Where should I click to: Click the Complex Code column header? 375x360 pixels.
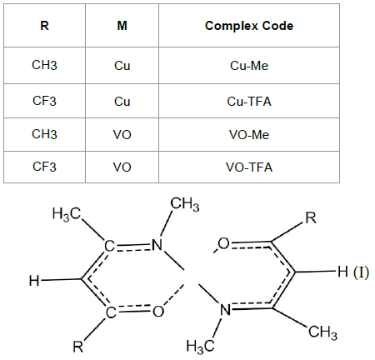(x=249, y=26)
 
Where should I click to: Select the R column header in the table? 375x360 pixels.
(x=44, y=26)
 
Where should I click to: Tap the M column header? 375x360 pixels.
(x=122, y=26)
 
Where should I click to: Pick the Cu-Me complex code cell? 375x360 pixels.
(x=249, y=66)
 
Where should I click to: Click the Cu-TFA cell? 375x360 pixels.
(x=249, y=102)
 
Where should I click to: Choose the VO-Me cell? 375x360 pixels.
(x=249, y=135)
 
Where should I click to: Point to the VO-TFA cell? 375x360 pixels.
(x=249, y=167)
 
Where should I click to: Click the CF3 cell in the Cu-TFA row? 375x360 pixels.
(x=44, y=101)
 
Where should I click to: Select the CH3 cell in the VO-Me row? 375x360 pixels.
(x=44, y=134)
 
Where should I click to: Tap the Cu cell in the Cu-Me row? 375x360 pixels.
(x=122, y=66)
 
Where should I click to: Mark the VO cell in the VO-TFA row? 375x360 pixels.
(x=122, y=167)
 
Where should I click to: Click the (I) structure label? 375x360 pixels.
(x=361, y=272)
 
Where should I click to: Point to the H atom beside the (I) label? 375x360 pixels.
(x=342, y=272)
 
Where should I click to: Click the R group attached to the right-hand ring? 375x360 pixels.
(x=311, y=218)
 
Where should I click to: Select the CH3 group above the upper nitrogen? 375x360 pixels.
(x=185, y=204)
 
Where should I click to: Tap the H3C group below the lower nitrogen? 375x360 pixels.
(x=200, y=347)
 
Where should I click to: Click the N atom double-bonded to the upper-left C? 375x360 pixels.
(x=157, y=245)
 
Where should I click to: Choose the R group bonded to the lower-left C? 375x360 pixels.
(x=77, y=347)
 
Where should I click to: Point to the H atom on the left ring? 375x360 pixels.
(x=34, y=281)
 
